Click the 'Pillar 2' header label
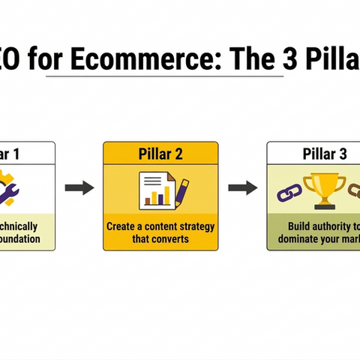pos(160,155)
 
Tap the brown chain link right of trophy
pos(354,193)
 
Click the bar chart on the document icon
pos(156,196)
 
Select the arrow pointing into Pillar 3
pos(242,187)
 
